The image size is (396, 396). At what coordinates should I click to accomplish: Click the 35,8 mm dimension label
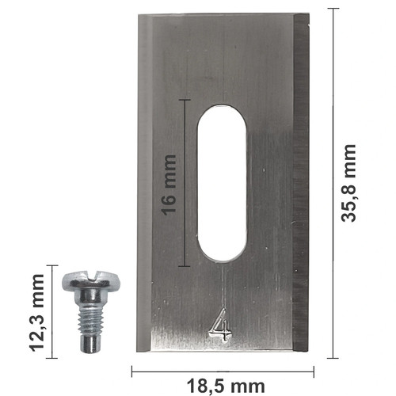point(348,183)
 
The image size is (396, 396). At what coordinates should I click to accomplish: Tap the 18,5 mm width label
point(226,386)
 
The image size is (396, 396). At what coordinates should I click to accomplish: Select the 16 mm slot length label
point(169,185)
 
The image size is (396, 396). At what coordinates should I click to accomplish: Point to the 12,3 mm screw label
point(36,313)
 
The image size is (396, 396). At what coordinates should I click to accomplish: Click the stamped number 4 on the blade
point(220,326)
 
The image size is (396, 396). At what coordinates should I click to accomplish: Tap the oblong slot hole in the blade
point(222,183)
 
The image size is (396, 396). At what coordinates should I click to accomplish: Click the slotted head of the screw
point(91,280)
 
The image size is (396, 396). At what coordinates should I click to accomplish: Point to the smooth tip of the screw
point(90,344)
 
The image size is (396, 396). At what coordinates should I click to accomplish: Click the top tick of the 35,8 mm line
point(333,9)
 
